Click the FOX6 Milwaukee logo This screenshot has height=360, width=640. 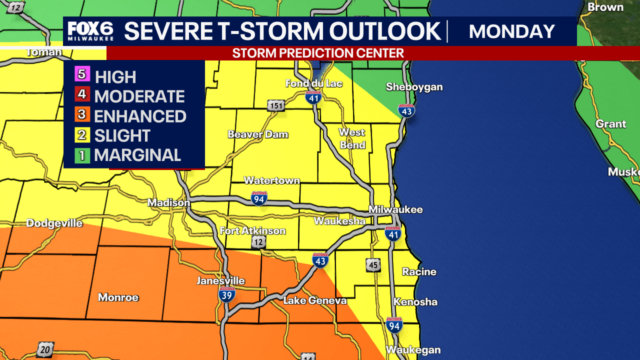tap(91, 31)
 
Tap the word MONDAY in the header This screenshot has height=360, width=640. tap(512, 31)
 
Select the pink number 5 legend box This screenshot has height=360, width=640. tap(82, 75)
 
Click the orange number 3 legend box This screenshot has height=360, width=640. tap(82, 115)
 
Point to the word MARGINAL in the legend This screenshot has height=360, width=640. tap(137, 155)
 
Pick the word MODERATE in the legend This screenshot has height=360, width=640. tap(139, 96)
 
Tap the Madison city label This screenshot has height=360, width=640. tap(168, 202)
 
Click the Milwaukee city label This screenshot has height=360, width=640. tap(395, 209)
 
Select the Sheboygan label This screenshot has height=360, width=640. tap(414, 87)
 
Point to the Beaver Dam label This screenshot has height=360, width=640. tap(258, 134)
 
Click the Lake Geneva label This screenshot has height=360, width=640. tap(315, 300)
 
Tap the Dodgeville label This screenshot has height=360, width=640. tap(54, 223)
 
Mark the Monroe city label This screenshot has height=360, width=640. tap(118, 297)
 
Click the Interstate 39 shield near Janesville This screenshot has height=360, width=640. tap(226, 294)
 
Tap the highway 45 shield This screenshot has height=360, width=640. tap(372, 265)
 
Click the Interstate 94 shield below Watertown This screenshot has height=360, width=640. tap(259, 198)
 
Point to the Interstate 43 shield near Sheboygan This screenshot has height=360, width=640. tap(406, 110)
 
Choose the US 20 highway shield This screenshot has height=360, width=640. tap(45, 349)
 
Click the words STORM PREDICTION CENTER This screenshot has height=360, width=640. tap(318, 53)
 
